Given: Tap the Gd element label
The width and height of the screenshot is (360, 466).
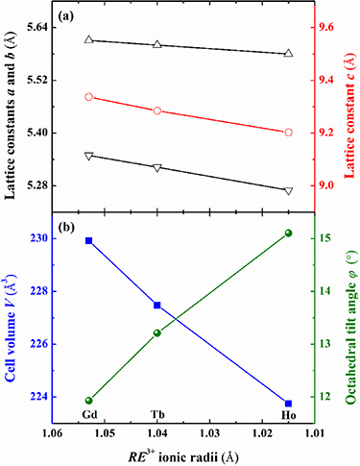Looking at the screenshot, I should [x=88, y=416].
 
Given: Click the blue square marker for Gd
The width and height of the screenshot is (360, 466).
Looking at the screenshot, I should [x=88, y=240].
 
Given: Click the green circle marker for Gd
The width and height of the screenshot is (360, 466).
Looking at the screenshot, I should [x=88, y=401].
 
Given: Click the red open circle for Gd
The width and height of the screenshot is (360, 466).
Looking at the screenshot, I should [x=88, y=97].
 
